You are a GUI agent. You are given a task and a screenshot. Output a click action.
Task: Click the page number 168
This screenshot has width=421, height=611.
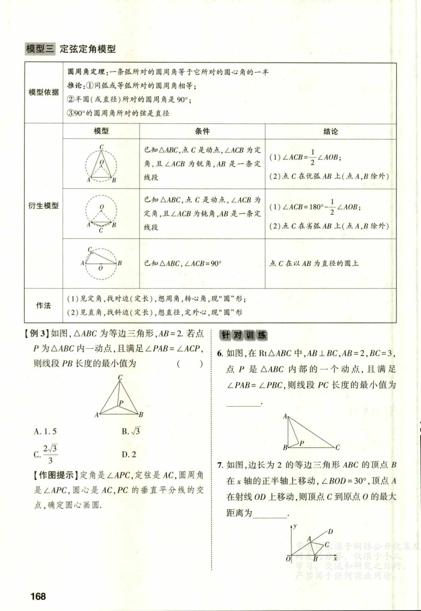[38, 596]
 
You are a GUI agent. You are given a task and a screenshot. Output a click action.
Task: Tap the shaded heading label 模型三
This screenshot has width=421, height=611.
[40, 49]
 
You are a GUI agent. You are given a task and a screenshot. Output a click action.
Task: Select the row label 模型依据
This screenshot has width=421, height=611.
[44, 92]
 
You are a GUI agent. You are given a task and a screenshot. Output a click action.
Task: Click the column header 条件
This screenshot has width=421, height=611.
[202, 131]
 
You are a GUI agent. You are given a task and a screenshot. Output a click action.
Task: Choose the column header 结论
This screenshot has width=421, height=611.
[330, 132]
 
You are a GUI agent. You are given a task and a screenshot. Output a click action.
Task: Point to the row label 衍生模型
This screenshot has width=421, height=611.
[44, 206]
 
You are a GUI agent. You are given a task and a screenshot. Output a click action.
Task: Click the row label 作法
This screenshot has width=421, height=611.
[44, 305]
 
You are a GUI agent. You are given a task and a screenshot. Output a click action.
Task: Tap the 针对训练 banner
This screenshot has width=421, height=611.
[243, 335]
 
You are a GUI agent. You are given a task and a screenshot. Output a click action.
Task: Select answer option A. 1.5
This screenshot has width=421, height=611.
[45, 432]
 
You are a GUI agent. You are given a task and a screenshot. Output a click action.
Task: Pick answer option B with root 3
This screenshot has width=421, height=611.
[131, 431]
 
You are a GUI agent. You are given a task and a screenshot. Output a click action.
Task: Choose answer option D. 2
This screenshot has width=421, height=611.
[129, 454]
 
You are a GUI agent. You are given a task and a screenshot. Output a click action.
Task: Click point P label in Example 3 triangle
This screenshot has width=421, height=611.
[121, 403]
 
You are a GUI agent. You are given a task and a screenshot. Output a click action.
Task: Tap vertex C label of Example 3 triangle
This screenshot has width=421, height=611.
[120, 377]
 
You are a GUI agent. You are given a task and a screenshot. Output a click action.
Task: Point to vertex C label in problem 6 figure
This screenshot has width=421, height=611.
[338, 447]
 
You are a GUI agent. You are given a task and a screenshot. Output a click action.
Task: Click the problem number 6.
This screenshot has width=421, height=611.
[220, 353]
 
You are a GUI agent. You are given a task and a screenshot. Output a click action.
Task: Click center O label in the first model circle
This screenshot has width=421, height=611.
[102, 162]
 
